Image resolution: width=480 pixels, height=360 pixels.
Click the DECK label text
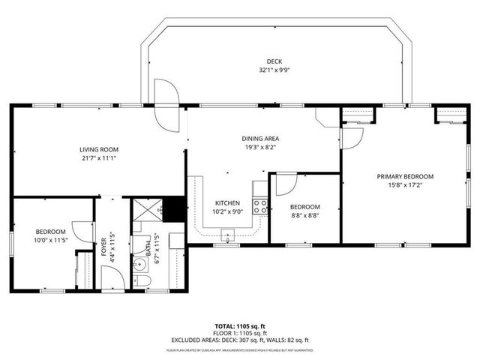[x=274, y=61]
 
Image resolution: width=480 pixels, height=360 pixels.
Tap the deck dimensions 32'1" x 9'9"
[x=274, y=70]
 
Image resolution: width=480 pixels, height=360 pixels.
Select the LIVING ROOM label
[x=98, y=148]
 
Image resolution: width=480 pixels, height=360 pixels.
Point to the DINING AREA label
[x=260, y=139]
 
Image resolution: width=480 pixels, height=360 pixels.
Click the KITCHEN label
[x=227, y=203]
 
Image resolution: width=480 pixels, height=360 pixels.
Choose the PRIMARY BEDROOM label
[x=405, y=176]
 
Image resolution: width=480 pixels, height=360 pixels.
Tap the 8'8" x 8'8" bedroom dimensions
[x=305, y=216]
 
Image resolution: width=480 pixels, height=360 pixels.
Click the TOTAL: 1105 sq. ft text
[x=239, y=326]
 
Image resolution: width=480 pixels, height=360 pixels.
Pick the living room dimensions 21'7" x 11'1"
[x=98, y=157]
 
